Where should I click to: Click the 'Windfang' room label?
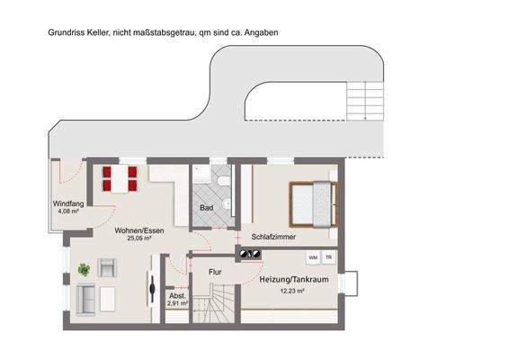68,204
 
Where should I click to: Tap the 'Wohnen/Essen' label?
132,229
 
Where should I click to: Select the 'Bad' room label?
206,209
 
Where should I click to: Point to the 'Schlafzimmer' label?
273,236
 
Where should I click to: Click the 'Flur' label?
215,271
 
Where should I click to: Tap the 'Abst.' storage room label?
176,295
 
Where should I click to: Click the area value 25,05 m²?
132,238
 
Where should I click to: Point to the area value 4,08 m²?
68,212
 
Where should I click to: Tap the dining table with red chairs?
119,178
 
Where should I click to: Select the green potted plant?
84,268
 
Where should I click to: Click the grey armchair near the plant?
108,267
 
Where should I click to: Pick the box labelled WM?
313,257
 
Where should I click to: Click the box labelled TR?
328,257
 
